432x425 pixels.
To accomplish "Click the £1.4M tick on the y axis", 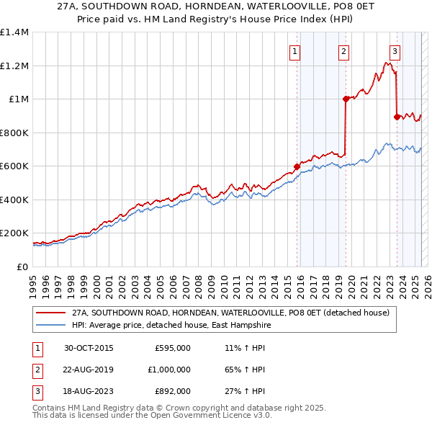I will tap(14, 32).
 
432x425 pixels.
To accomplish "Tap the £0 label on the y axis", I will tap(23, 267).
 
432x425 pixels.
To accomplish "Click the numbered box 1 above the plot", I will tap(296, 51).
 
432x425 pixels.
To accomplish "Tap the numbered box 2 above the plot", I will tap(344, 51).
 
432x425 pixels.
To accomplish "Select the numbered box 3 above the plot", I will tap(395, 51).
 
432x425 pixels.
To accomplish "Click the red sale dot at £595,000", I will tap(297, 167).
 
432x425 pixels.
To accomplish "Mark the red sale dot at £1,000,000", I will tap(346, 99).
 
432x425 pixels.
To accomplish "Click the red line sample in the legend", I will tap(50, 313).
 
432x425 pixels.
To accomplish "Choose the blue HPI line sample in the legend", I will tap(50, 325).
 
